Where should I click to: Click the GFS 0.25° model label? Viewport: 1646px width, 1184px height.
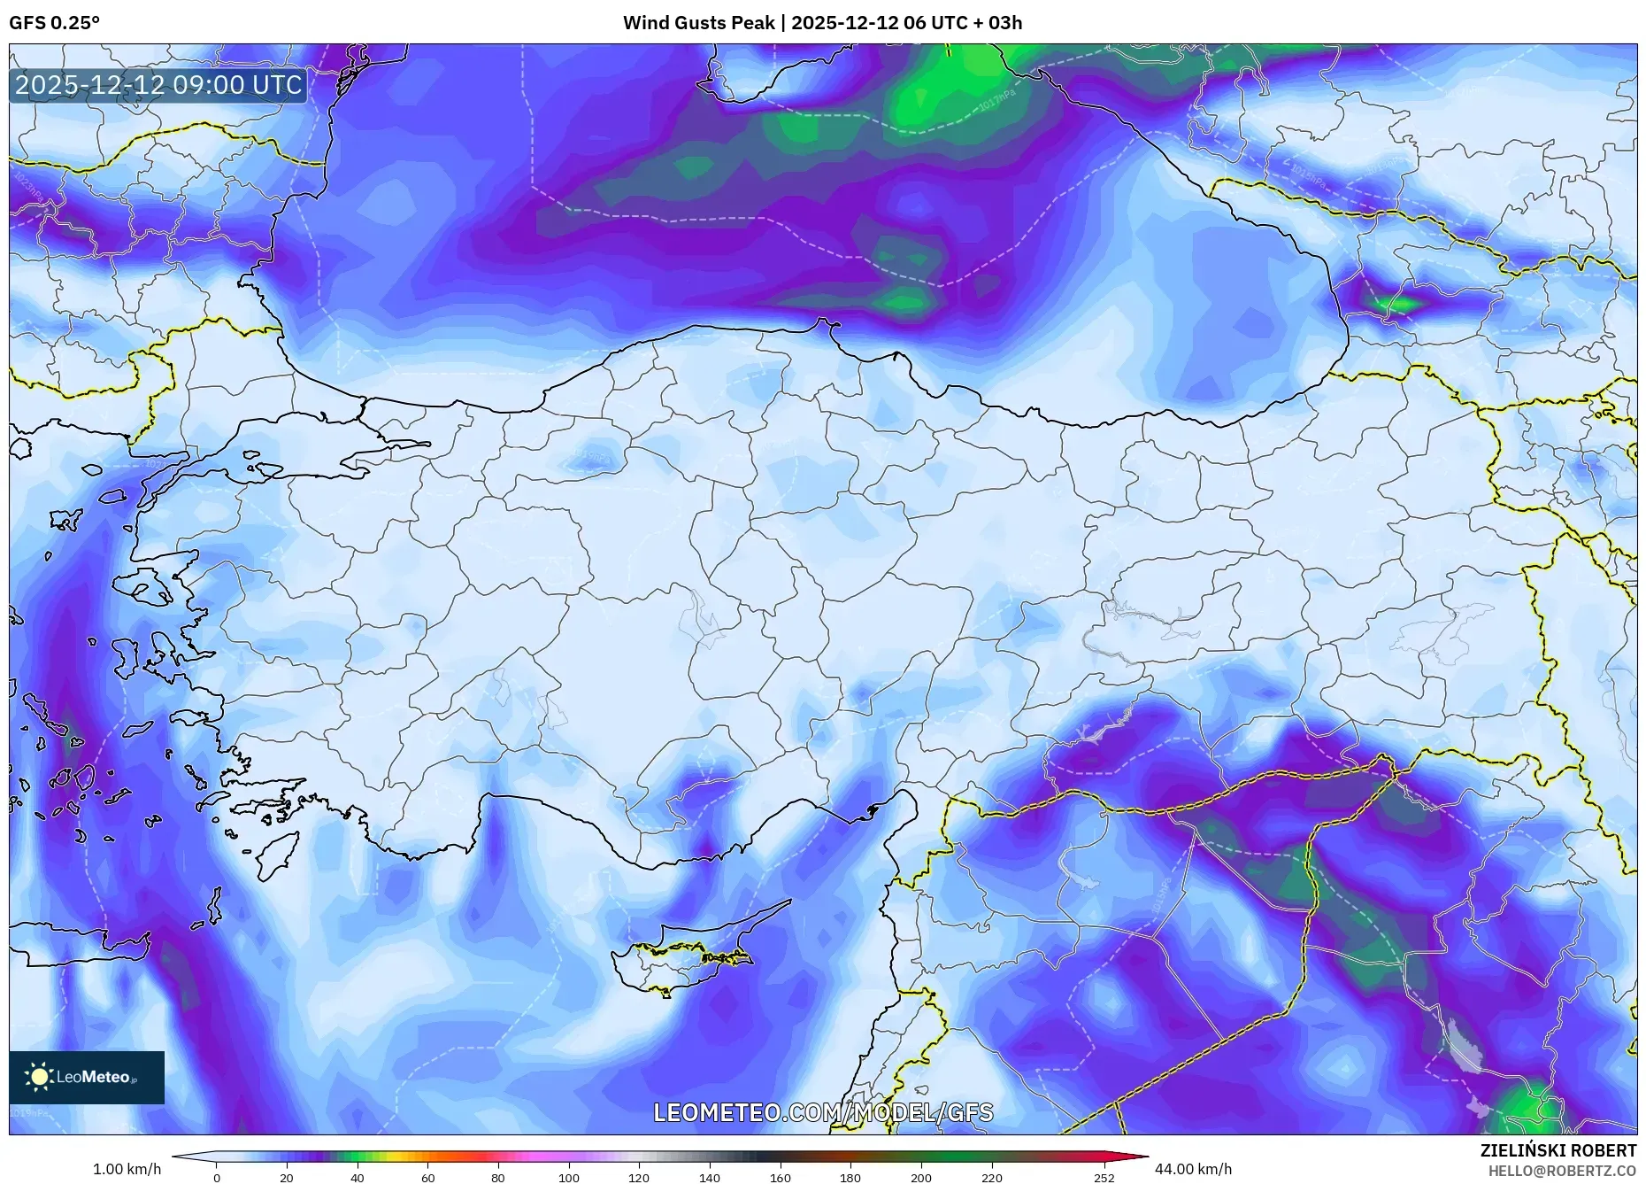(54, 23)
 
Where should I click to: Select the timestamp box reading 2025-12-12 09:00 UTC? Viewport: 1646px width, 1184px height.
(158, 85)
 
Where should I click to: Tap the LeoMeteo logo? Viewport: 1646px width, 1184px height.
(87, 1077)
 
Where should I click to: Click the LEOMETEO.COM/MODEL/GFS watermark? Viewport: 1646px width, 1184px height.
(823, 1112)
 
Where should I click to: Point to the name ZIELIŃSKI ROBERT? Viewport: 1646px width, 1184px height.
(1558, 1150)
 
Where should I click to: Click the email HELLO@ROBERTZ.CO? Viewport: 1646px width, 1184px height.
(1561, 1171)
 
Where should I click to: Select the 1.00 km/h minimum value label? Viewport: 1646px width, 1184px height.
(127, 1169)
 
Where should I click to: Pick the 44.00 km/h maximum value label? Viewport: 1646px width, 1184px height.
(1193, 1169)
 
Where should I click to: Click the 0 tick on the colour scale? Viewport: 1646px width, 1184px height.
(217, 1178)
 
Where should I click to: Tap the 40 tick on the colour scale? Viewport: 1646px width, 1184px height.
(357, 1178)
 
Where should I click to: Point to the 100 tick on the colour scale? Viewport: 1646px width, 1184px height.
(568, 1178)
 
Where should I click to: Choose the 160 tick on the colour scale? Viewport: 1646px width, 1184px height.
(780, 1178)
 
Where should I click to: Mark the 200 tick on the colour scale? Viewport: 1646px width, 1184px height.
(920, 1178)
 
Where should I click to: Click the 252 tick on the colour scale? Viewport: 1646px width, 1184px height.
(1104, 1178)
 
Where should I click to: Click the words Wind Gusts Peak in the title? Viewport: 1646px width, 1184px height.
(698, 23)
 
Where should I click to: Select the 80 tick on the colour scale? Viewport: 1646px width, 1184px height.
(498, 1178)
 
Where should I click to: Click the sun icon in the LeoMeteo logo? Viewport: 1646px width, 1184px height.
(40, 1077)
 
